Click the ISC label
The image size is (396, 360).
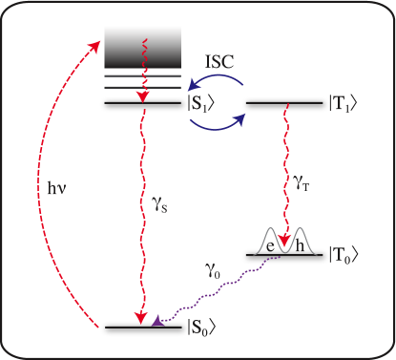(220, 61)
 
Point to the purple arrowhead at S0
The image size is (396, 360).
(157, 322)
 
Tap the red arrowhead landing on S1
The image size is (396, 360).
(143, 96)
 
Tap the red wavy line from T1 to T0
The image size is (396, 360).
(283, 172)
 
